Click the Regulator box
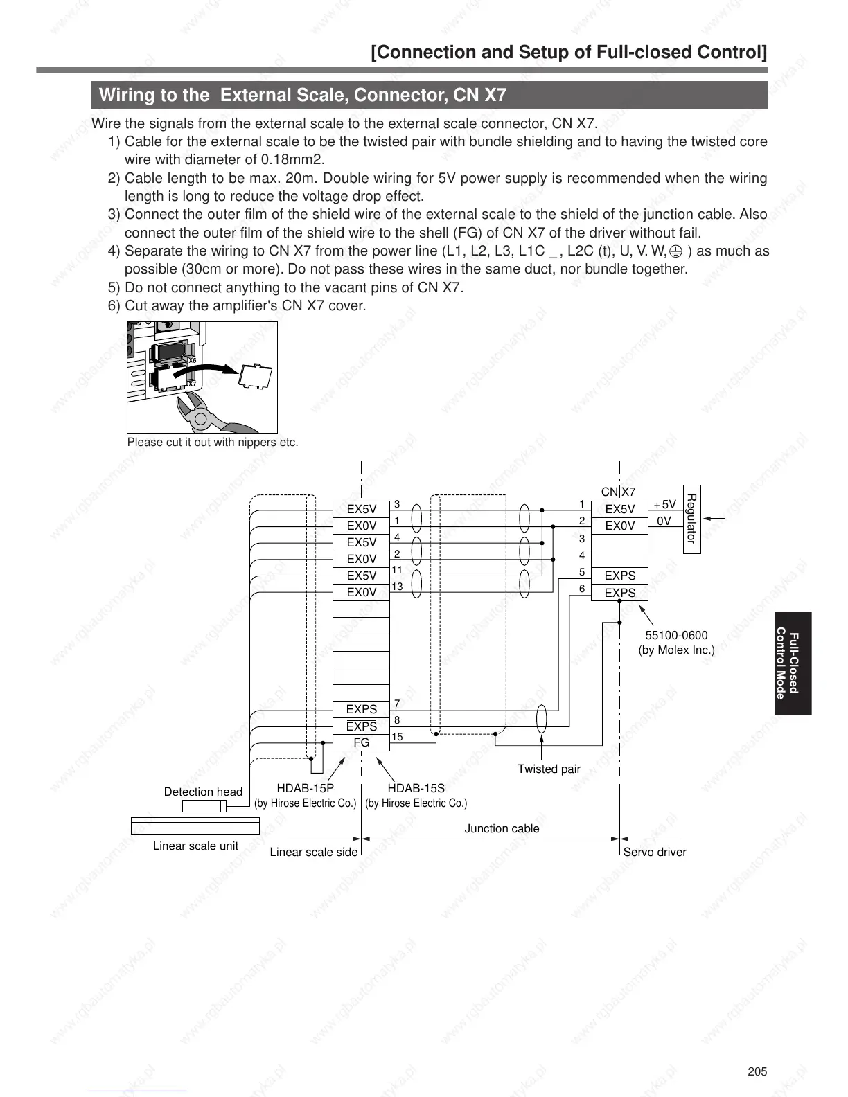click(x=691, y=519)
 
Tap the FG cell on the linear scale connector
click(x=361, y=742)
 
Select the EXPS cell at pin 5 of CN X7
click(x=619, y=576)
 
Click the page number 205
click(x=757, y=1071)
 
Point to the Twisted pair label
click(x=549, y=769)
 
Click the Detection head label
click(x=203, y=792)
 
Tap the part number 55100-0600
click(x=676, y=635)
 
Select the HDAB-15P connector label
click(x=305, y=788)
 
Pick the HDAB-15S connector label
click(x=416, y=788)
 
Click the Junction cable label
click(x=502, y=828)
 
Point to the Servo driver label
click(x=654, y=852)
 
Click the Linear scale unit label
click(x=195, y=846)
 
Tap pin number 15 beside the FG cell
click(x=397, y=737)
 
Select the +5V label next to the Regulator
click(x=664, y=505)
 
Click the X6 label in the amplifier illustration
click(x=192, y=361)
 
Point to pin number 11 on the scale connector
click(x=397, y=570)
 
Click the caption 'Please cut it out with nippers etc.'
click(x=213, y=442)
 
